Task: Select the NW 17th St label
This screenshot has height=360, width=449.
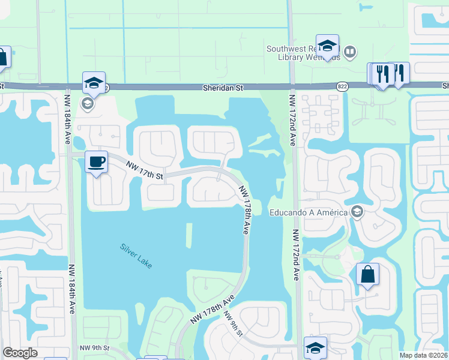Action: tap(144, 171)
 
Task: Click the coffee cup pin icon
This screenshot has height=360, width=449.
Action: tap(96, 162)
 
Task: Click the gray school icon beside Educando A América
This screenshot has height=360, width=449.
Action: tap(357, 212)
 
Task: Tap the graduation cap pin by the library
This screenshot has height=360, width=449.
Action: tap(327, 46)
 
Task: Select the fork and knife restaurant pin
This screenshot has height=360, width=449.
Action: tap(382, 74)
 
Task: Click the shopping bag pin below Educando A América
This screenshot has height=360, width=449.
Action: tap(367, 275)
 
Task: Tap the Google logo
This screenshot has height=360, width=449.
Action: tap(20, 353)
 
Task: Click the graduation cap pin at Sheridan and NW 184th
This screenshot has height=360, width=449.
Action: tap(94, 83)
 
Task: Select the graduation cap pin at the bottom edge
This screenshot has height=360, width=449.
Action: tap(315, 348)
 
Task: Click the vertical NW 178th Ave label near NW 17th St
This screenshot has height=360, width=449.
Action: tap(246, 209)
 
